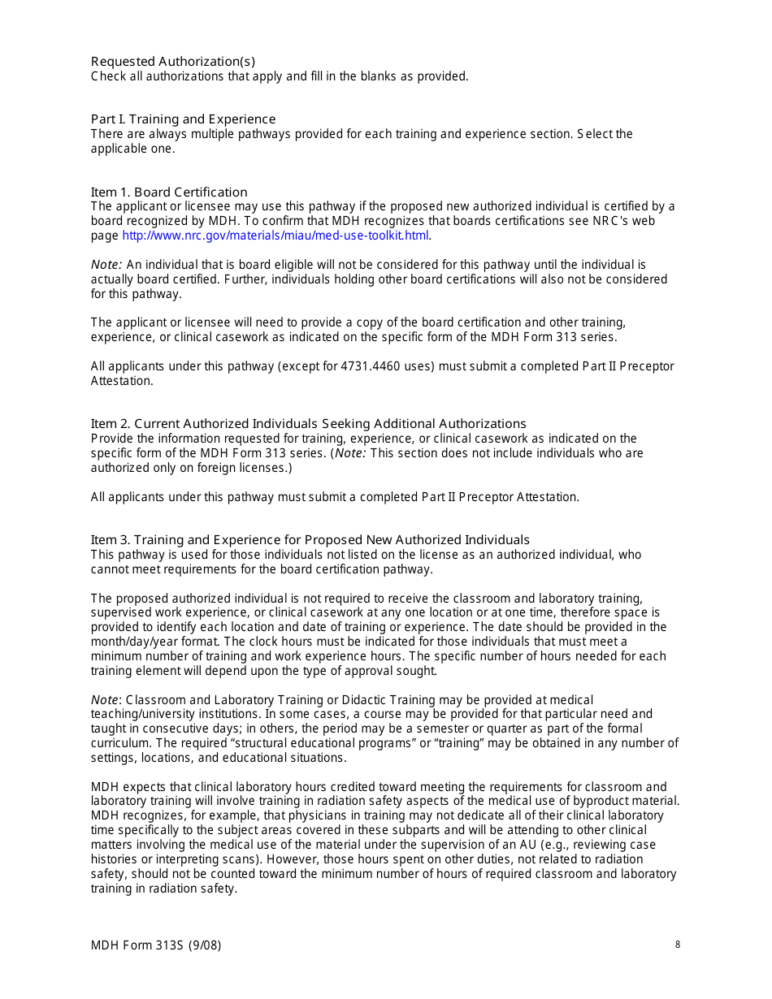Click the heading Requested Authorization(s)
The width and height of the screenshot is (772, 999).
pyautogui.click(x=172, y=62)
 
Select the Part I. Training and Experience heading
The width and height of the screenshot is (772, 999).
pyautogui.click(x=183, y=119)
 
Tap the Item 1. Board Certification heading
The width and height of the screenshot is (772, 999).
pyautogui.click(x=169, y=192)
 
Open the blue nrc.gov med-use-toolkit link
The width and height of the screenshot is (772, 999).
pyautogui.click(x=275, y=236)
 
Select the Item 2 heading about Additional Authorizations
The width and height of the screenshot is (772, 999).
pyautogui.click(x=308, y=424)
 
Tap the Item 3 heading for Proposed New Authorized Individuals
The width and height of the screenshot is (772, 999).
pyautogui.click(x=310, y=540)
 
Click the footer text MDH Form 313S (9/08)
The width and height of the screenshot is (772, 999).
pyautogui.click(x=155, y=945)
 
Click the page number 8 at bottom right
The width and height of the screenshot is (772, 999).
pyautogui.click(x=677, y=945)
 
